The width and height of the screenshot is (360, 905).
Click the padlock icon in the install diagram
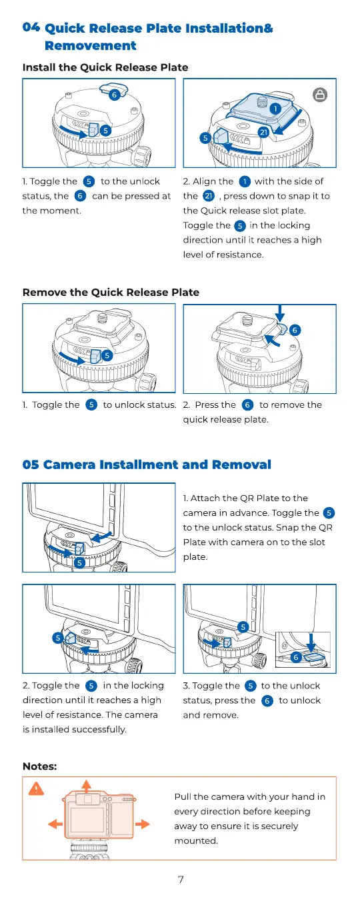[320, 95]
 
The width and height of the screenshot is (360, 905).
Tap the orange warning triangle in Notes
[37, 788]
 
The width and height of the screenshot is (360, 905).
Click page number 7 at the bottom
[181, 880]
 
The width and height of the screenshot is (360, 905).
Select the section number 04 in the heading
[31, 27]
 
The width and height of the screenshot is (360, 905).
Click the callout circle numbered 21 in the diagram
[264, 132]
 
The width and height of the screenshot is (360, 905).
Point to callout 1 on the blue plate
[275, 108]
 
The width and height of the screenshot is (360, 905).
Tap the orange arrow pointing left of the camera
[55, 824]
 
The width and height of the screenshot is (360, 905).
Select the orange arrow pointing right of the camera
[143, 824]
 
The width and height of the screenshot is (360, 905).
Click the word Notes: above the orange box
[39, 766]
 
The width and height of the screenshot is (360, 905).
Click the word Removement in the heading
[91, 46]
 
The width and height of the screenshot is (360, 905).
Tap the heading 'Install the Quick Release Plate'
[105, 67]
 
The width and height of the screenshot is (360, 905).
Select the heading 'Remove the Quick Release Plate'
[111, 292]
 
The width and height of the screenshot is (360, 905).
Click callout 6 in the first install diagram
[115, 95]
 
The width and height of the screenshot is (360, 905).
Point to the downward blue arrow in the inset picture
[310, 642]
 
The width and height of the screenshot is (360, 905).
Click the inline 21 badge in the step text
[209, 196]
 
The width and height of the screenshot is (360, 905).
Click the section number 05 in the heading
[31, 464]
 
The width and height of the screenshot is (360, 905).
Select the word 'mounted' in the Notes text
[195, 841]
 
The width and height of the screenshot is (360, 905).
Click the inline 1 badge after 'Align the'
[245, 181]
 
